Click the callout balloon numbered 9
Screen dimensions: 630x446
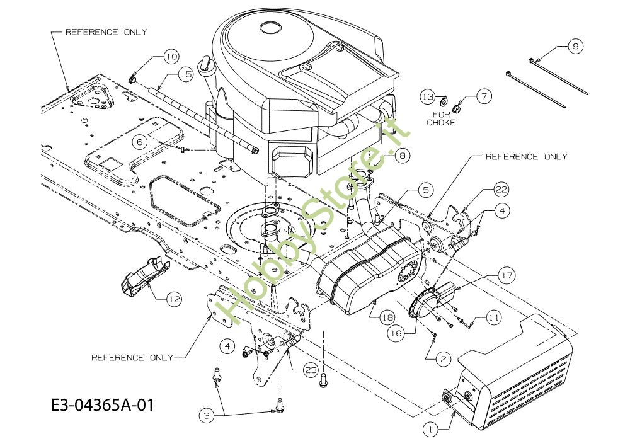(576, 47)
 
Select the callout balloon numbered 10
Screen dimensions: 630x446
(171, 57)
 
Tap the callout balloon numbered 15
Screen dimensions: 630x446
(186, 75)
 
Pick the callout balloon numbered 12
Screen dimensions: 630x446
(174, 299)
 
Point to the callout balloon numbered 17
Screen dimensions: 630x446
(507, 276)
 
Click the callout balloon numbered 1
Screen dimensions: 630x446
(430, 430)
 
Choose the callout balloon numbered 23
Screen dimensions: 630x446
(311, 370)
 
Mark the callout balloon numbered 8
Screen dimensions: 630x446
(403, 155)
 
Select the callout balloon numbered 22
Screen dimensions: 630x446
(501, 189)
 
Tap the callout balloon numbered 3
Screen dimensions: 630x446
(207, 416)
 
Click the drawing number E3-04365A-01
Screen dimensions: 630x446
(103, 405)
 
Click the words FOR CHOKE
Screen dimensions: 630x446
(441, 118)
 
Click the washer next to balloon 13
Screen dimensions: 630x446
(444, 100)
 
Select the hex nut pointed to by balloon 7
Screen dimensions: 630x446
(455, 108)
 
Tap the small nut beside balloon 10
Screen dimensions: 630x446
(132, 79)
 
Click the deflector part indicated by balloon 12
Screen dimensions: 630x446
(146, 278)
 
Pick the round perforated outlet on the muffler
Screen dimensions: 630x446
(409, 271)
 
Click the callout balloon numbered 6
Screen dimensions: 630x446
(140, 142)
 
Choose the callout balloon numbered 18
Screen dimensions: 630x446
(387, 318)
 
